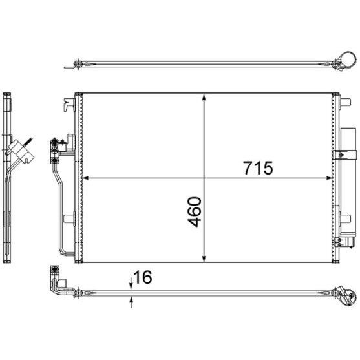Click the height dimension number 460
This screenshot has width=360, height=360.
(x=194, y=211)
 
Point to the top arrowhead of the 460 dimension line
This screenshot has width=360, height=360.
(x=205, y=98)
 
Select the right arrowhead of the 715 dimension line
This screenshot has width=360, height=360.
(x=331, y=178)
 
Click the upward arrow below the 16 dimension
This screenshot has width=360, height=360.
(x=132, y=299)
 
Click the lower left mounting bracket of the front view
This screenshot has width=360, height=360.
(x=68, y=220)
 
